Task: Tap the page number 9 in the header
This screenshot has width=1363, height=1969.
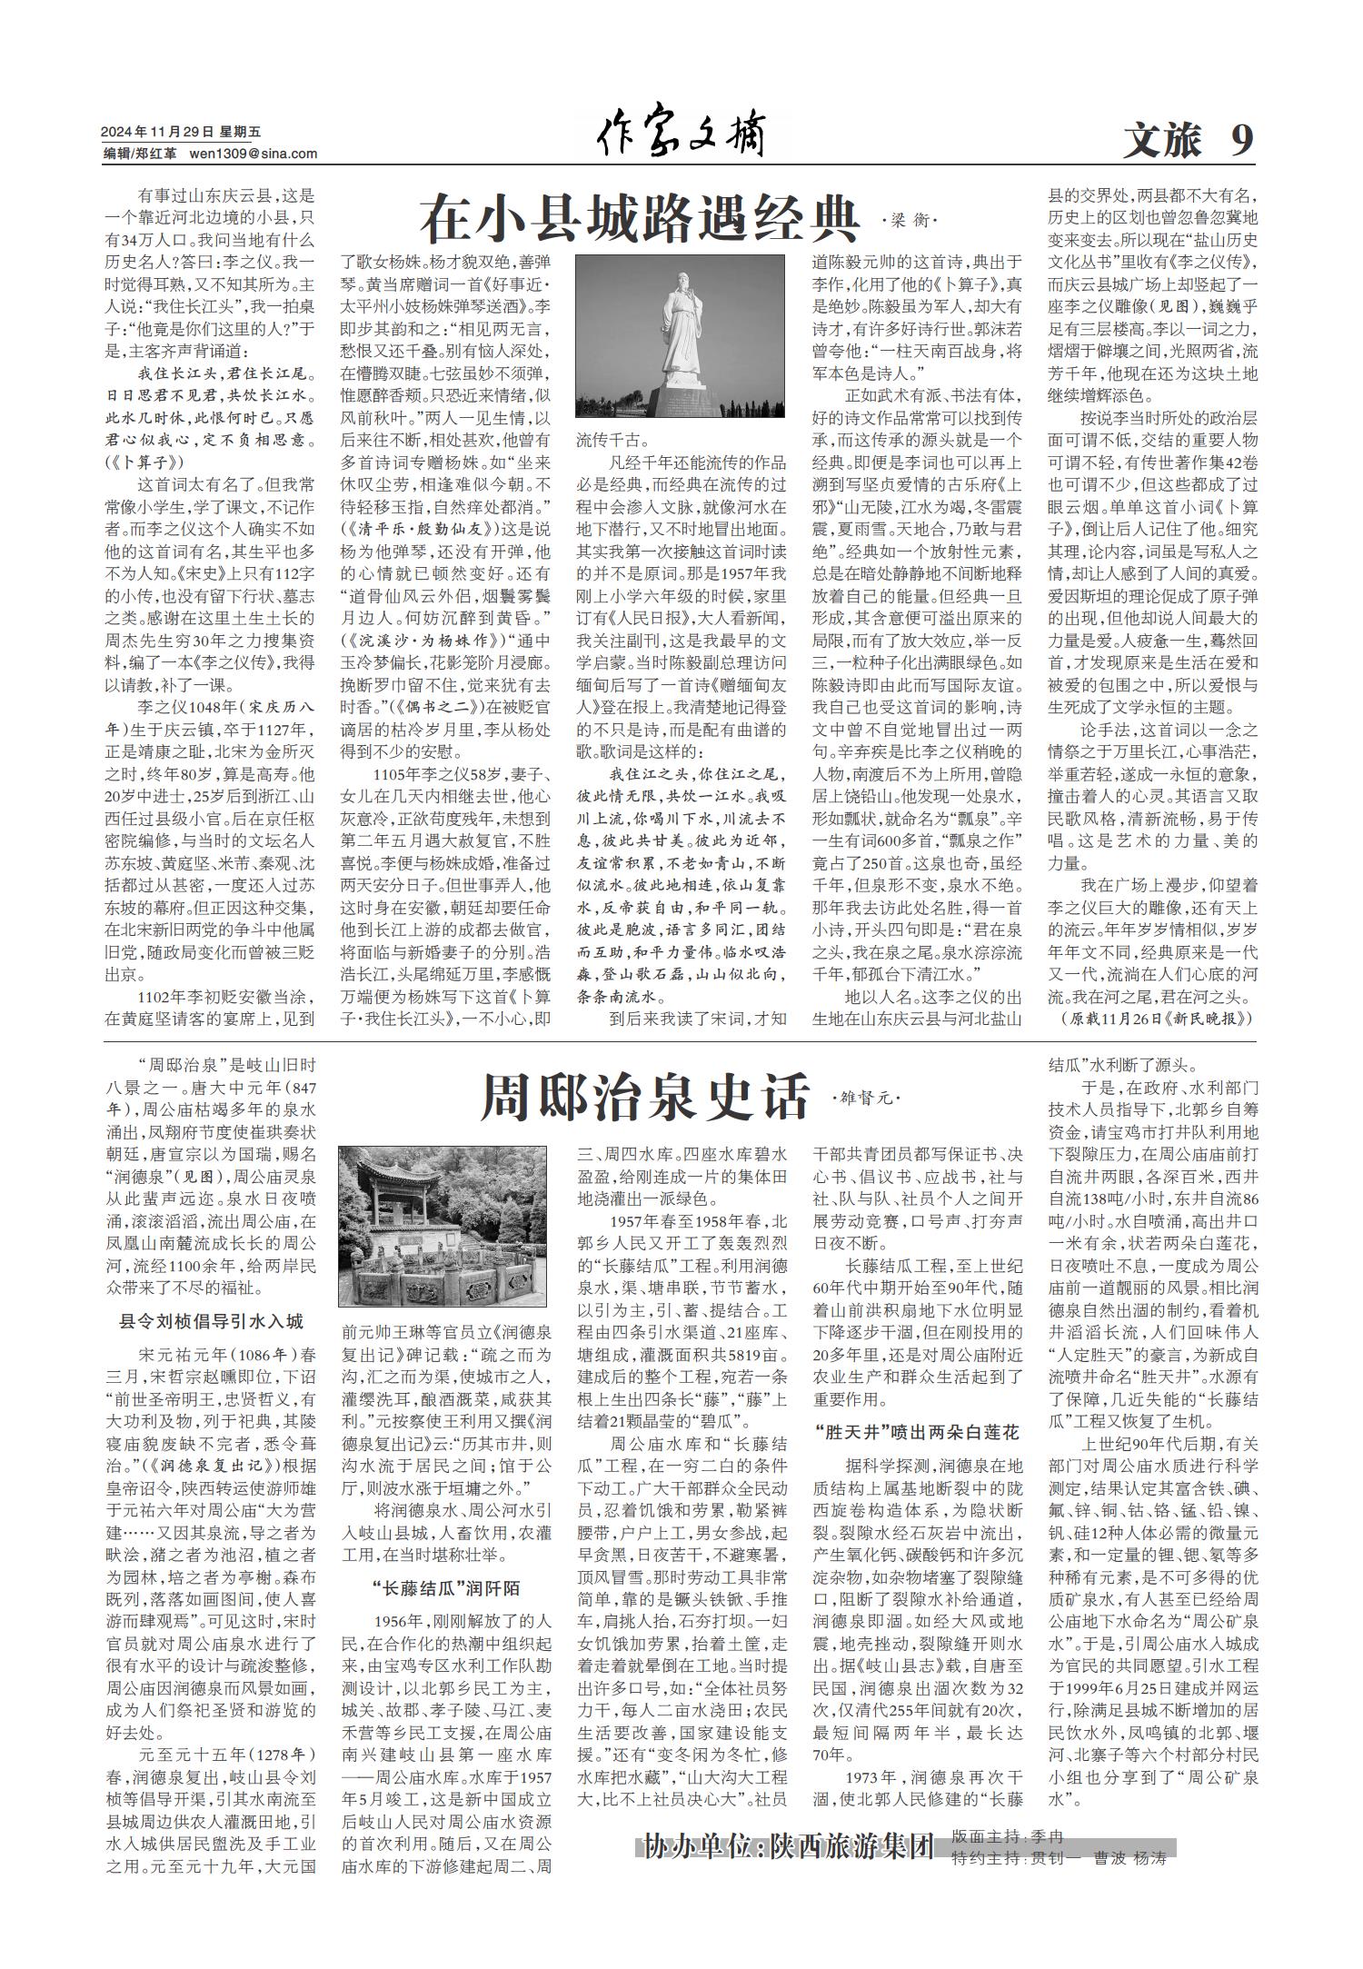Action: [1241, 140]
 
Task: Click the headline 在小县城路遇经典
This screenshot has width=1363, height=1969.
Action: [641, 218]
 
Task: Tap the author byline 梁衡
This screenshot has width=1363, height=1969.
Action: [908, 221]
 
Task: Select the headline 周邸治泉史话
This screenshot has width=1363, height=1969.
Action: [643, 1097]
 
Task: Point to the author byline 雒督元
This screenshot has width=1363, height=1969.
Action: [865, 1099]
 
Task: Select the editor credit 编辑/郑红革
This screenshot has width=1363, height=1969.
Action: [140, 154]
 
